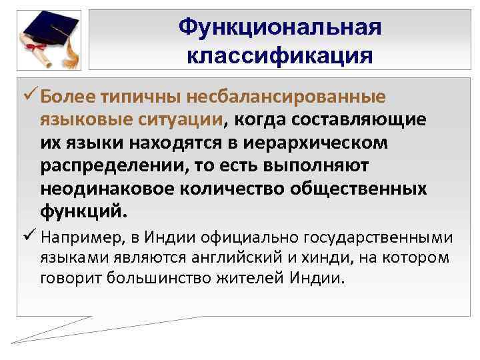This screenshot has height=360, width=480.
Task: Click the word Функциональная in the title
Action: click(280, 27)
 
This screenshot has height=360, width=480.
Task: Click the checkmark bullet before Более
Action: click(28, 97)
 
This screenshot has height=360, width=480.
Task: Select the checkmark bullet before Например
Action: click(28, 236)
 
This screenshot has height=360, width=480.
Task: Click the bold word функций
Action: click(81, 213)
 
